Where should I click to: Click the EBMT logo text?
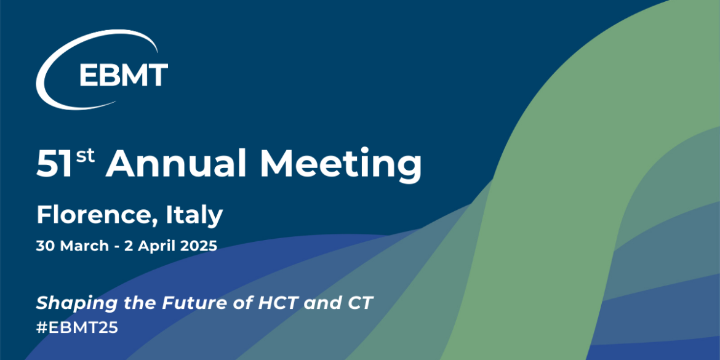(123, 75)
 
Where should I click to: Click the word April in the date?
(151, 247)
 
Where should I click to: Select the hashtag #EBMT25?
(77, 327)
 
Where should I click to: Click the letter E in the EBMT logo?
(88, 75)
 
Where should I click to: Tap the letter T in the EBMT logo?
(158, 75)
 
